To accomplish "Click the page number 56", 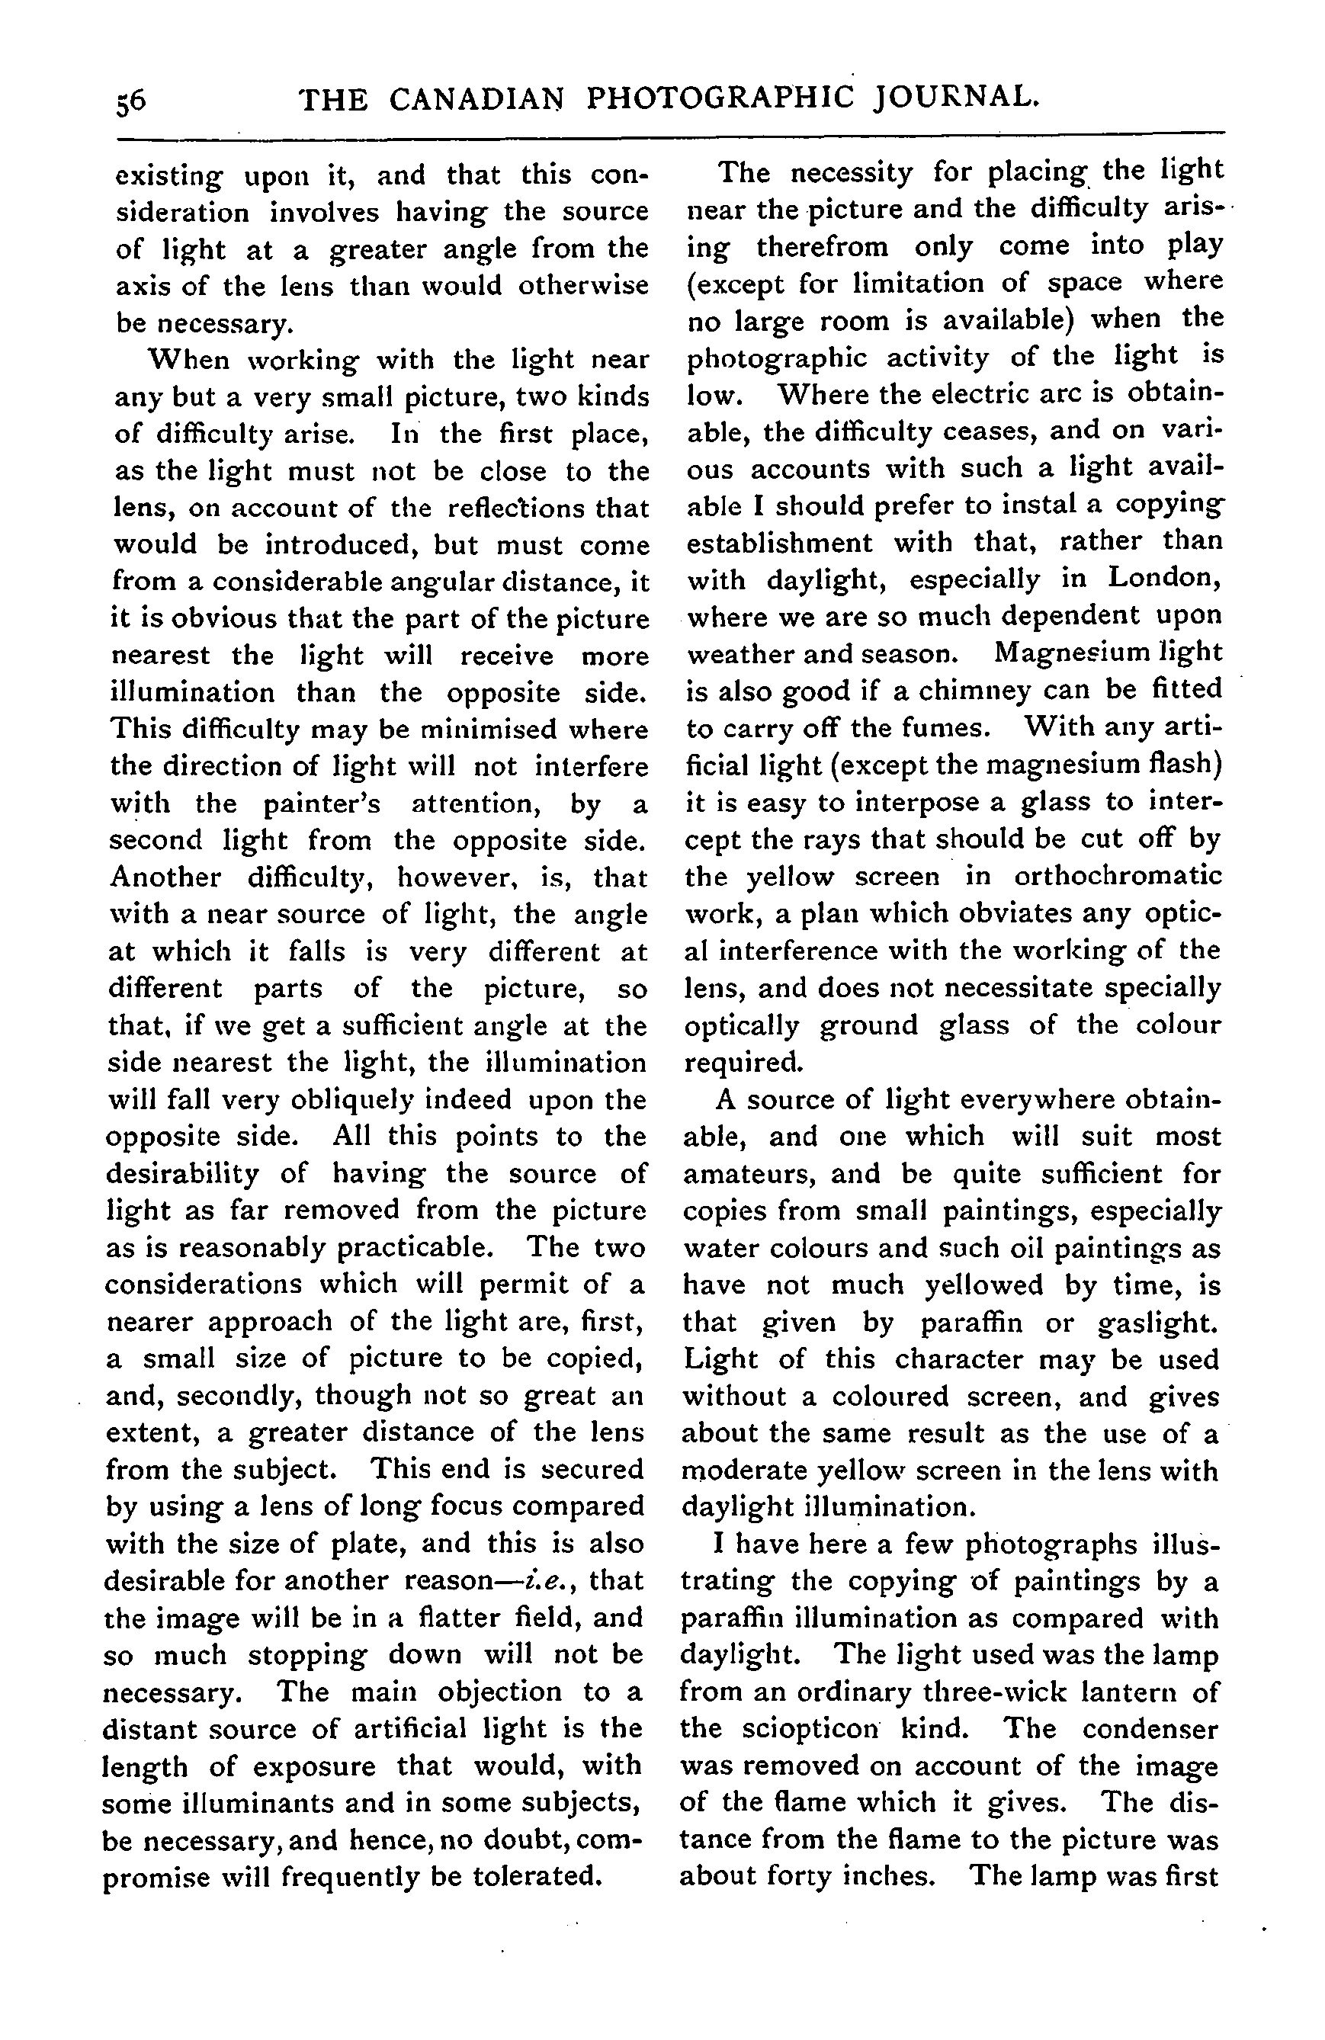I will pyautogui.click(x=132, y=101).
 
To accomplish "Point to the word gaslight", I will pyautogui.click(x=1157, y=1322).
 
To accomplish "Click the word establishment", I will pyautogui.click(x=780, y=542).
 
